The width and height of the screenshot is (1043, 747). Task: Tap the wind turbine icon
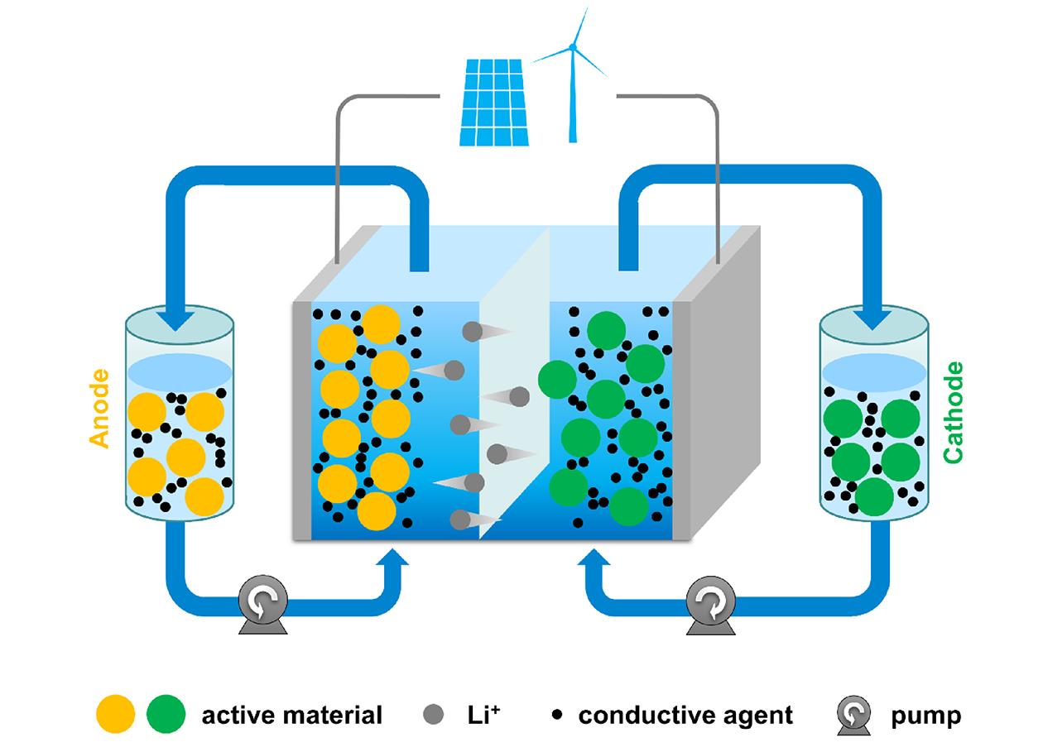[x=572, y=74]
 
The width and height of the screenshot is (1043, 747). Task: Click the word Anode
[x=99, y=408]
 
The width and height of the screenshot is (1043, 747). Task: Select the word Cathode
[x=954, y=411]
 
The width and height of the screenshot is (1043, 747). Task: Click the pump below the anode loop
[x=263, y=606]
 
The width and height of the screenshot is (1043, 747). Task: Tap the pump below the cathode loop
[x=711, y=606]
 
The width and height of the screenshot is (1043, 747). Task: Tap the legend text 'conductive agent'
[x=685, y=715]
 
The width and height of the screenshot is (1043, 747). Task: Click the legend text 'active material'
[x=291, y=715]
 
